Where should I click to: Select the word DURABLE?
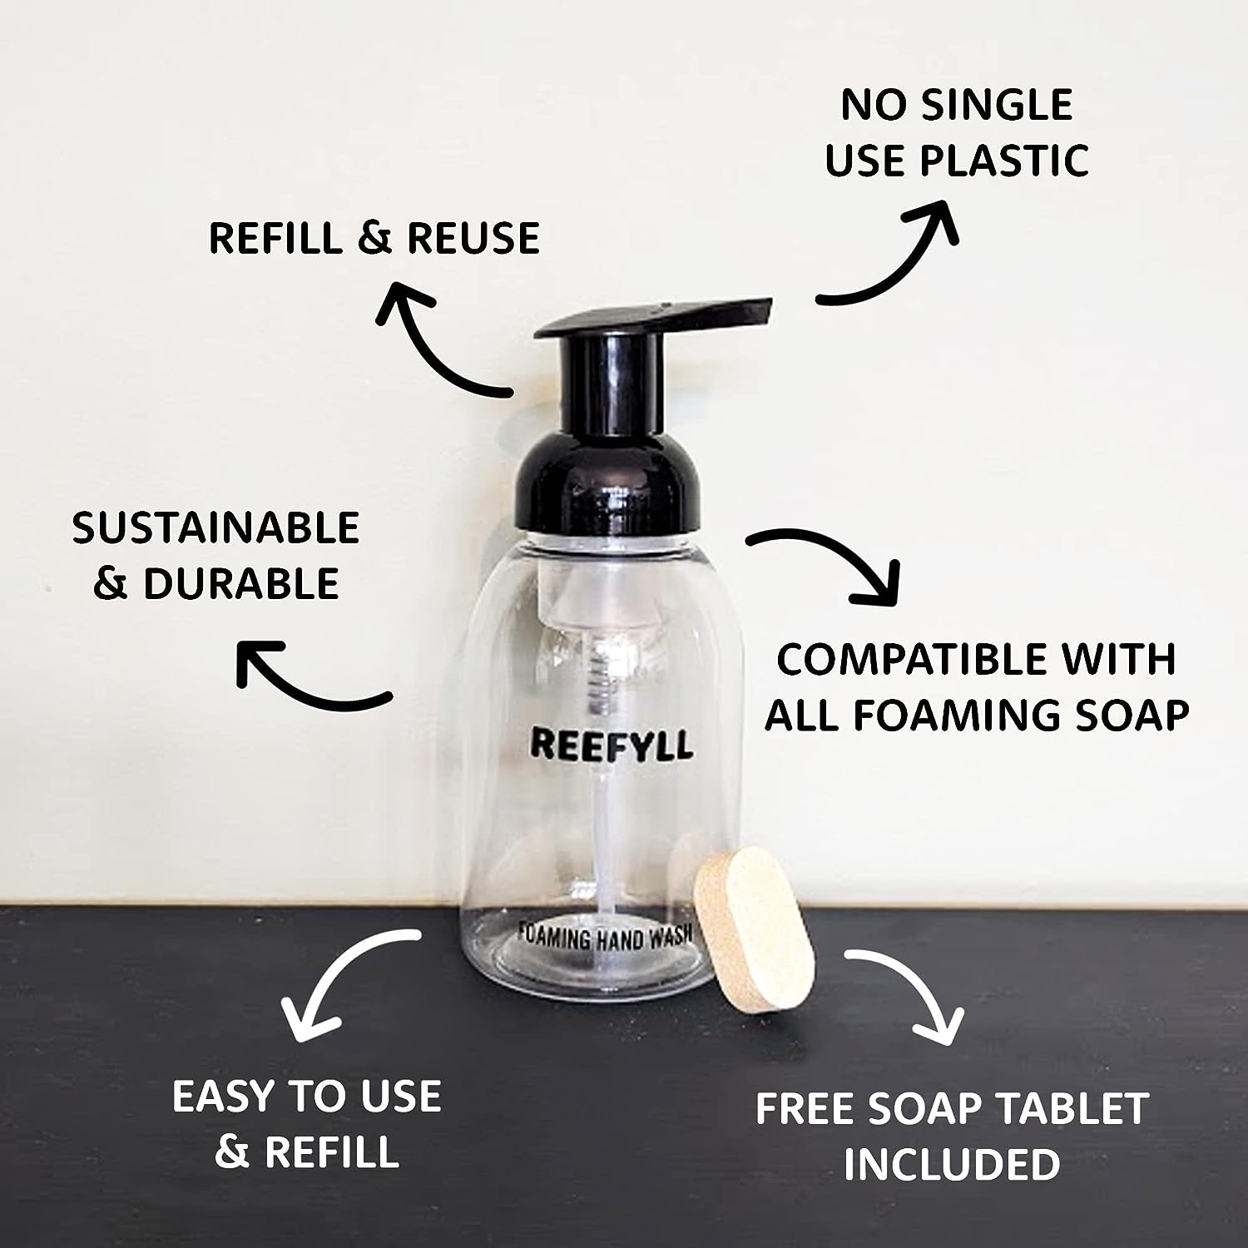(240, 583)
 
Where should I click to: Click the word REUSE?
(473, 238)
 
